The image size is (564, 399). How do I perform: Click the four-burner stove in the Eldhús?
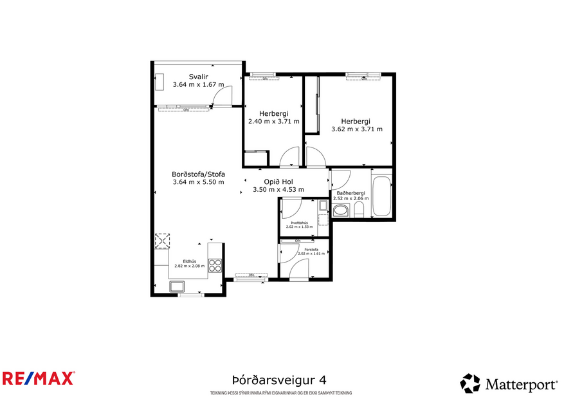pos(216,266)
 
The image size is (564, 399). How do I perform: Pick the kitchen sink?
pos(176,286)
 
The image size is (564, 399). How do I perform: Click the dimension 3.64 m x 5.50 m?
pos(198,182)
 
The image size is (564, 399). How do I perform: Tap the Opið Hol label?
pos(278,181)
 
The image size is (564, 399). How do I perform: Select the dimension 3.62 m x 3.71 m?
pos(356,129)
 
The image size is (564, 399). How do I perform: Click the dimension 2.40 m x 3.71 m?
pos(273,120)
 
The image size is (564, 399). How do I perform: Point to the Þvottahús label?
pos(299,223)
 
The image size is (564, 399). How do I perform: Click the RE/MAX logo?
pos(38,378)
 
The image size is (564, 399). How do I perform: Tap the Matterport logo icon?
pos(470,384)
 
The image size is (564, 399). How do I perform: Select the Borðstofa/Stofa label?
pos(198,174)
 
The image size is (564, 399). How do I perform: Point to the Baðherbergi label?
pos(350,193)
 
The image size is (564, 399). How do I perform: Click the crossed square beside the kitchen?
pos(162,241)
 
